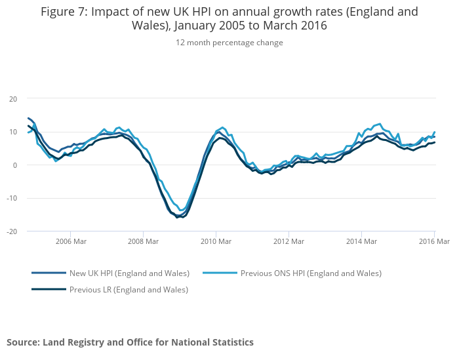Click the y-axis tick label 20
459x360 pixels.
[x=13, y=98]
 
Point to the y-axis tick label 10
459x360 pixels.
[x=13, y=132]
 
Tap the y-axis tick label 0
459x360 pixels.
[x=15, y=165]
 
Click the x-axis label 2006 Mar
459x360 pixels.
[x=70, y=241]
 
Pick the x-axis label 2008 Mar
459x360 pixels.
[x=143, y=241]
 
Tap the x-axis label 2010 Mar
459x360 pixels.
[x=216, y=241]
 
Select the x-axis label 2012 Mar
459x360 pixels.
[x=289, y=241]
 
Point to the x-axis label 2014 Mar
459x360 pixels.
[x=361, y=241]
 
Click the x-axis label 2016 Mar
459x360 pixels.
[x=434, y=241]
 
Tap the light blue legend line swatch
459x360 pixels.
[x=220, y=273]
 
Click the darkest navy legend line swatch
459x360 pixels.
[x=49, y=289]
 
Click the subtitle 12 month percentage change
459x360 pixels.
[x=229, y=43]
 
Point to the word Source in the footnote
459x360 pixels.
[x=23, y=342]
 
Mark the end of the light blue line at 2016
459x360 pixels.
[x=434, y=132]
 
